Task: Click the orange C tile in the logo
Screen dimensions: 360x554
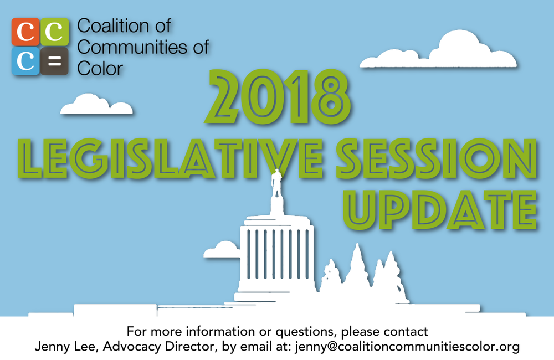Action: [x=25, y=32]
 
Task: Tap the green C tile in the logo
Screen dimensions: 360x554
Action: [x=54, y=32]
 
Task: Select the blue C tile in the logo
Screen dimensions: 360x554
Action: [x=25, y=61]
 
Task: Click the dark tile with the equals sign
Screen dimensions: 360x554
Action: [x=54, y=61]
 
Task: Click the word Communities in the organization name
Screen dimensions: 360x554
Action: [x=131, y=47]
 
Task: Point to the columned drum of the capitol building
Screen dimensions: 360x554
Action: [x=275, y=255]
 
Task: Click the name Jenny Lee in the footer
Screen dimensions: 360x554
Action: [x=59, y=347]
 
